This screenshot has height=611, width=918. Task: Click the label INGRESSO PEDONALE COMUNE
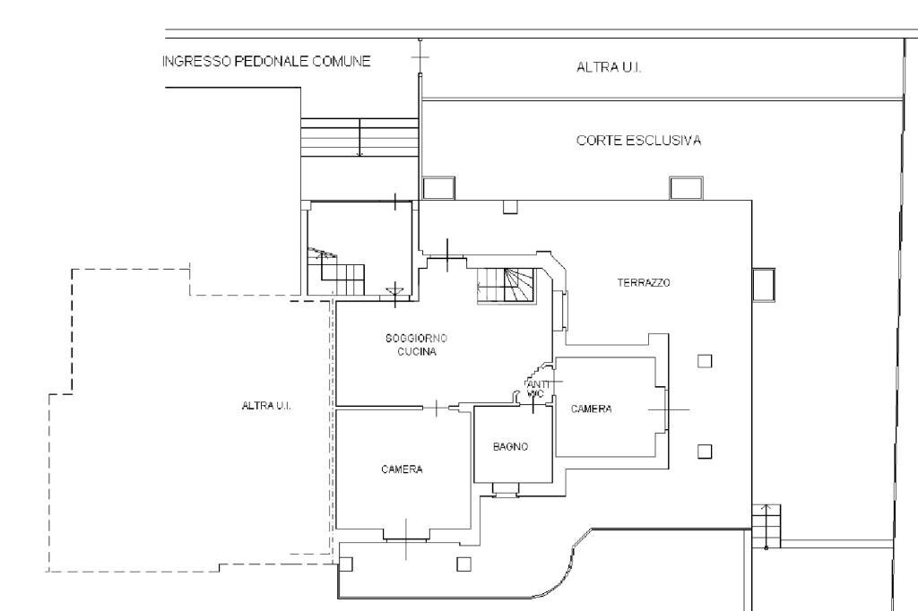(266, 62)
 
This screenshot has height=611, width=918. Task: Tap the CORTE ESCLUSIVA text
(638, 141)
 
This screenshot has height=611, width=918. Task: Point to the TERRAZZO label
(644, 283)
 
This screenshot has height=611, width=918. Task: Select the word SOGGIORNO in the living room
(416, 339)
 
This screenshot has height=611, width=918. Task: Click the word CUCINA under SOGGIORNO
(417, 352)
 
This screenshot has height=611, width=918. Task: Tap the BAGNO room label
(510, 446)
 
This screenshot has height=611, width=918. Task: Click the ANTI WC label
(535, 389)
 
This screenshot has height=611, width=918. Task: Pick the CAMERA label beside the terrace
(592, 409)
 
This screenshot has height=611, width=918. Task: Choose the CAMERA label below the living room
(402, 469)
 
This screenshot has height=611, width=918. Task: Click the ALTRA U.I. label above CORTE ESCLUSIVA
(609, 67)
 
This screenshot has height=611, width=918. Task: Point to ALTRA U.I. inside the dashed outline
(266, 406)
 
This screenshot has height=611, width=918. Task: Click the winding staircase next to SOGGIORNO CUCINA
(507, 286)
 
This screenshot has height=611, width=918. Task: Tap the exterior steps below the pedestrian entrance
(359, 138)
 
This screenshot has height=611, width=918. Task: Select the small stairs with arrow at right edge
(766, 526)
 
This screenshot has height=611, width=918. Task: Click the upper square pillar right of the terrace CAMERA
(705, 361)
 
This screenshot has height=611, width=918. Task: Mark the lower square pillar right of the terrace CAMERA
(705, 452)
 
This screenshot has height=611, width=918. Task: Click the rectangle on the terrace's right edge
(764, 285)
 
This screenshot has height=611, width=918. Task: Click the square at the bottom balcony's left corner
(346, 564)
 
